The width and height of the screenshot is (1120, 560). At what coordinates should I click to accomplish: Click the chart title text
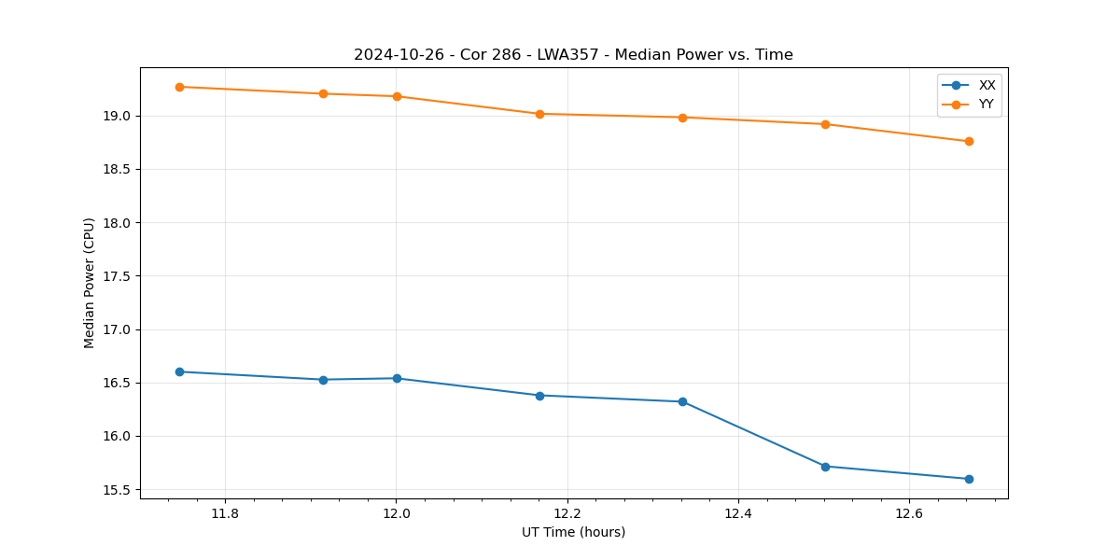point(573,55)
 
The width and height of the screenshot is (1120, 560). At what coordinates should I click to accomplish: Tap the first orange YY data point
point(179,87)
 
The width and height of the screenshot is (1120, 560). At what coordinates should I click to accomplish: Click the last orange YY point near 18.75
point(969,141)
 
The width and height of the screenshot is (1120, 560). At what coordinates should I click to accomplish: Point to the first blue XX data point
point(179,371)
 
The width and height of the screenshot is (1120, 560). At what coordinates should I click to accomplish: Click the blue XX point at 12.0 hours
point(397,378)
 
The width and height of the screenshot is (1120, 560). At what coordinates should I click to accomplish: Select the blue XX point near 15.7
point(825,467)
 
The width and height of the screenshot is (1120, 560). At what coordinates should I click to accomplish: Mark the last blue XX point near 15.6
point(969,479)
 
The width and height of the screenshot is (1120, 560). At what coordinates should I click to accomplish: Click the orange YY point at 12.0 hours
point(397,96)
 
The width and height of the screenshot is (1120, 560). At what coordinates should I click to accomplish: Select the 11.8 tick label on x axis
point(225,513)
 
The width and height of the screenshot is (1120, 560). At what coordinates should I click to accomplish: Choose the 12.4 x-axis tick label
point(738,513)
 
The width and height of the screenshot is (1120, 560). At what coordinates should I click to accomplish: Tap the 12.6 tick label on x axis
point(909,513)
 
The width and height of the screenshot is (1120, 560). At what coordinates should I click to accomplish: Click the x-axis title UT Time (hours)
point(573,532)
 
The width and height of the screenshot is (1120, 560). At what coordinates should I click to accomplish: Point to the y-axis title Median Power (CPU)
point(90,283)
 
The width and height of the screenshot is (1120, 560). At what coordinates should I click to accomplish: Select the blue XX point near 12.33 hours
point(682,401)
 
